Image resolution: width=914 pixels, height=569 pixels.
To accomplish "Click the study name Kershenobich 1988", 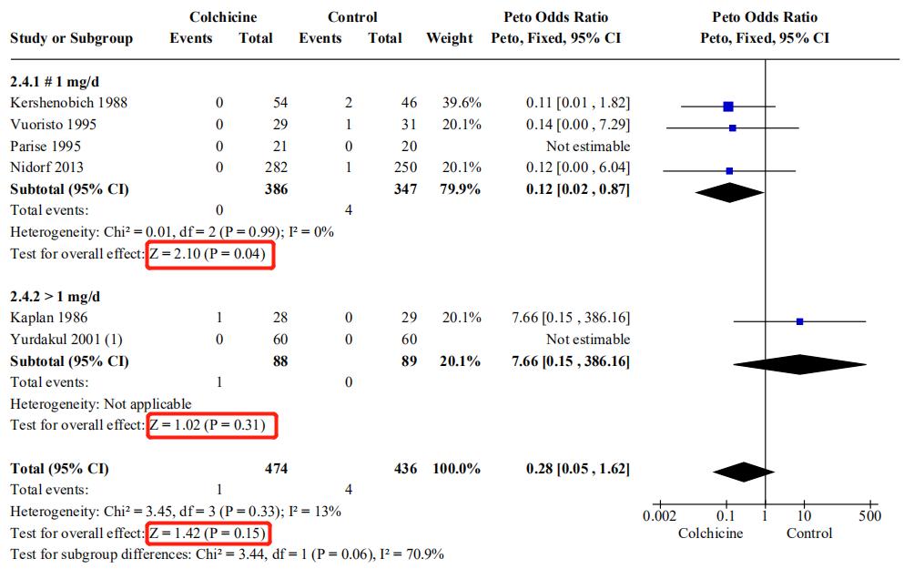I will pos(68,103).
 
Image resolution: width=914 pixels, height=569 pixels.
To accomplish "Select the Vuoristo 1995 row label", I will pos(53,125).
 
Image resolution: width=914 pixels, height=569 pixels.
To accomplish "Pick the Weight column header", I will pos(450,38).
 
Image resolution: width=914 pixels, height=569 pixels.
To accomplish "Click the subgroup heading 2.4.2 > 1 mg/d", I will pos(56,297).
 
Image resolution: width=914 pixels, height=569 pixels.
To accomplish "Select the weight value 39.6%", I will pos(462,103).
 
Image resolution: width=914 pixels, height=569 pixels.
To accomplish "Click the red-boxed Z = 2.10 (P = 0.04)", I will pos(208,254).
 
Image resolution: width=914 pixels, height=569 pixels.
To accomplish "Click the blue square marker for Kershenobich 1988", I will pos(728,107).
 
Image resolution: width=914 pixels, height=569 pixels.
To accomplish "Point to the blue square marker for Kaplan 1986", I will pos(799,321).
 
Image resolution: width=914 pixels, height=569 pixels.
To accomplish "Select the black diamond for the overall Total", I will pos(744,472).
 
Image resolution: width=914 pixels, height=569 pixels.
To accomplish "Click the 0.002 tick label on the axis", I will pos(658,516).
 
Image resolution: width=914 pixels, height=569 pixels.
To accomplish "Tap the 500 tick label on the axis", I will pos(870,516).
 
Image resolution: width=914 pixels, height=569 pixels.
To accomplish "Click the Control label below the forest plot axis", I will pos(809,533).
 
